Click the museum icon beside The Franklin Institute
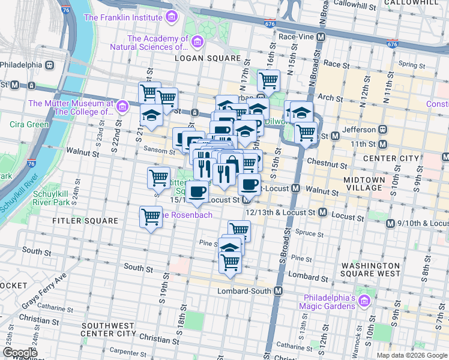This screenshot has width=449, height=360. click(172, 17)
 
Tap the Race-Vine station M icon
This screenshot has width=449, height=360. click(321, 37)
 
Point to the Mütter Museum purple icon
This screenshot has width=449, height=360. click(122, 107)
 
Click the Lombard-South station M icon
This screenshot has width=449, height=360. click(278, 291)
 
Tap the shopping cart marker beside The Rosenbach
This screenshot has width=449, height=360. click(150, 217)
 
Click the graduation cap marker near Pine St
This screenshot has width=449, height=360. click(229, 246)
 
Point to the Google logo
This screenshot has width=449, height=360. click(20, 352)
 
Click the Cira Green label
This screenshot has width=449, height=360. click(29, 124)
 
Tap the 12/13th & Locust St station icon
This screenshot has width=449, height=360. click(322, 212)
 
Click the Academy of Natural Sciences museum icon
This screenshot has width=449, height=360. click(198, 41)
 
